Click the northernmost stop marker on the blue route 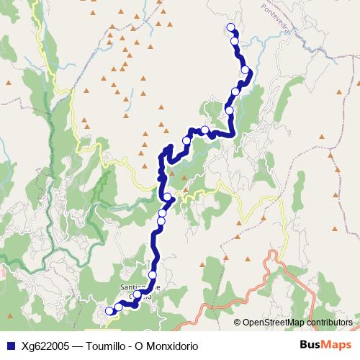pyautogui.click(x=231, y=27)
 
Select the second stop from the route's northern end pyautogui.click(x=235, y=41)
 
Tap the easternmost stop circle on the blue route pyautogui.click(x=246, y=70)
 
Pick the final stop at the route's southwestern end pyautogui.click(x=109, y=311)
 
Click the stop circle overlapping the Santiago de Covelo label pyautogui.click(x=137, y=294)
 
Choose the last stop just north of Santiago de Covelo pyautogui.click(x=153, y=275)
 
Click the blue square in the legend pyautogui.click(x=10, y=346)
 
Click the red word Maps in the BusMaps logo pyautogui.click(x=336, y=346)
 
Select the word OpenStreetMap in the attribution pyautogui.click(x=273, y=323)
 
